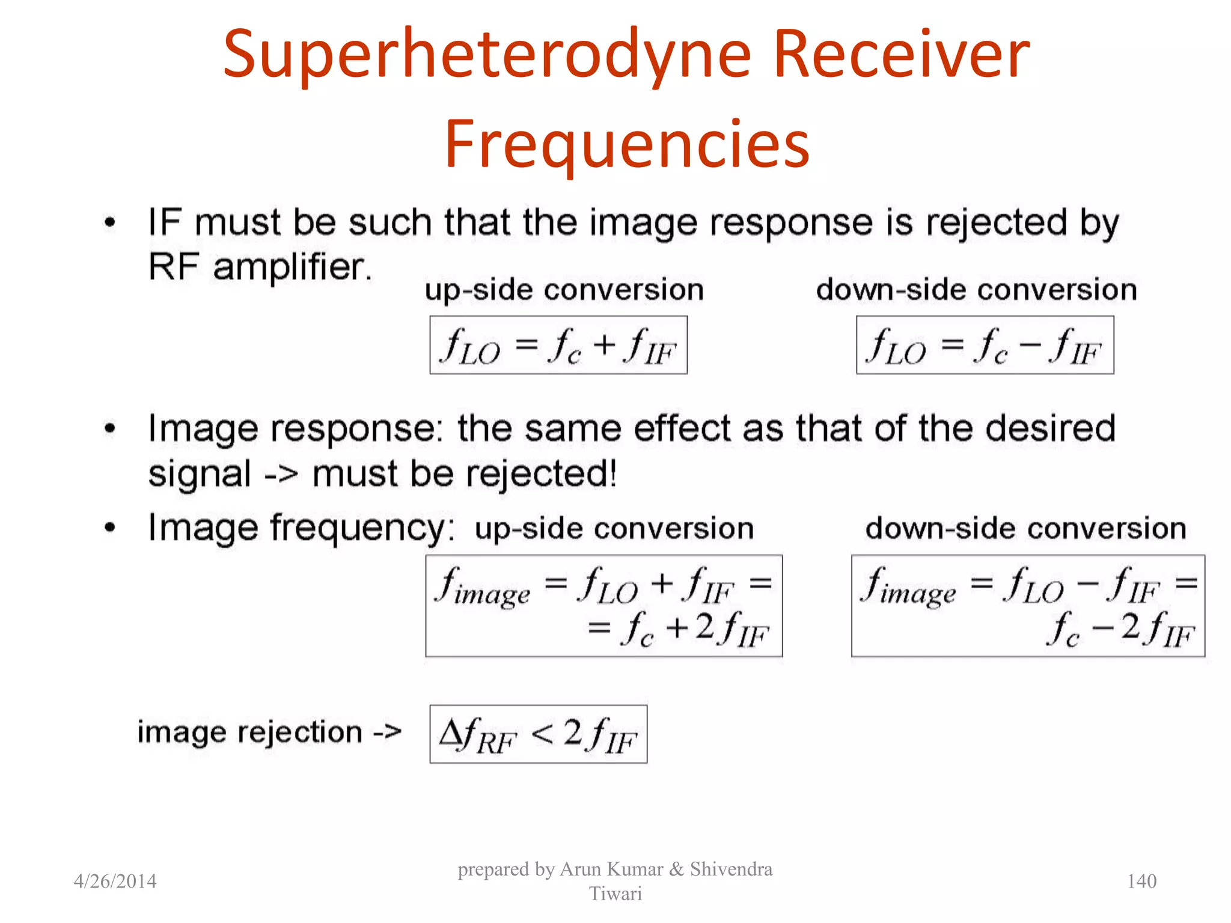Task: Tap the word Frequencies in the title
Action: [x=627, y=144]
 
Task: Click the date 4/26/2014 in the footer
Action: [x=115, y=881]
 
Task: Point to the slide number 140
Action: [x=1141, y=881]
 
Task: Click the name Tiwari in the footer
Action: [x=615, y=894]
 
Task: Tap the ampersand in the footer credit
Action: [x=676, y=869]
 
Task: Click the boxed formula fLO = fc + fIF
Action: [x=558, y=346]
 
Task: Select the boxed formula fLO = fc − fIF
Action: [x=985, y=346]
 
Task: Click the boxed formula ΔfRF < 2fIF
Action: [x=538, y=734]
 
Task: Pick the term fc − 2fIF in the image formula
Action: [x=1121, y=630]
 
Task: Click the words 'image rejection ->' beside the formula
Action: [x=269, y=733]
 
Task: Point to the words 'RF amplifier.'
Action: [x=260, y=267]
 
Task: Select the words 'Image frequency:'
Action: [x=301, y=528]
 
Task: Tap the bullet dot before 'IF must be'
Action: [x=109, y=223]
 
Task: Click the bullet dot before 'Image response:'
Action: [x=109, y=429]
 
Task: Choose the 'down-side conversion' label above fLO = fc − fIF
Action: [x=976, y=290]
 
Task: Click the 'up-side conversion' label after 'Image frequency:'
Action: [x=614, y=529]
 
